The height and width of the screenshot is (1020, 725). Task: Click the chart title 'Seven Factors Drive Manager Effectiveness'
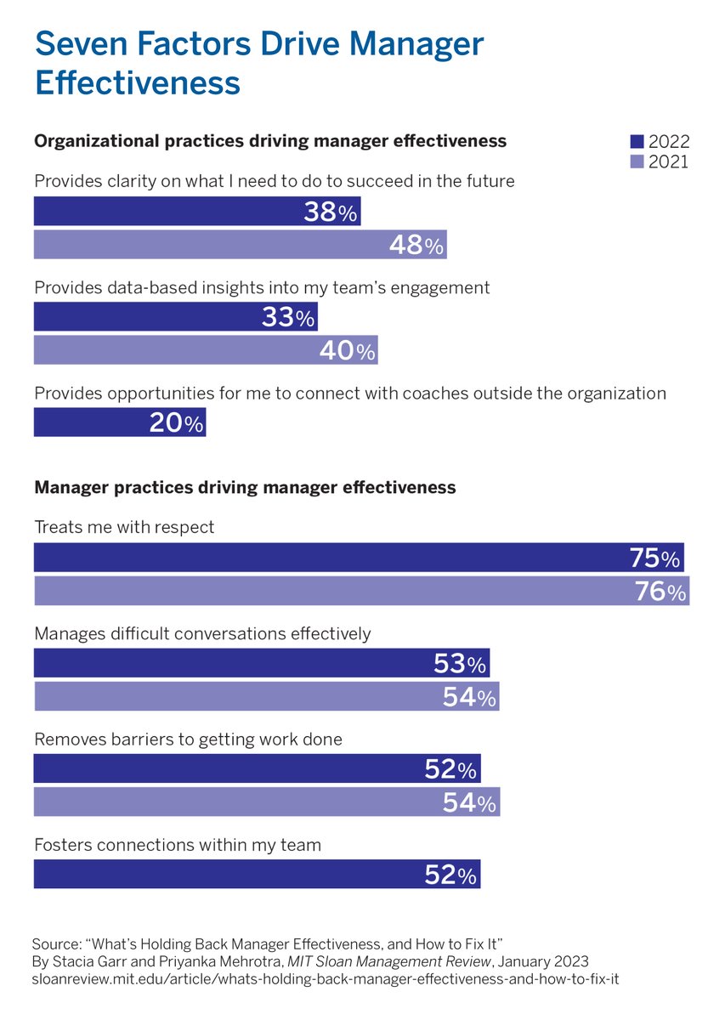pos(259,64)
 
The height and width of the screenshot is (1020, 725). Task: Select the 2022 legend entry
pos(660,142)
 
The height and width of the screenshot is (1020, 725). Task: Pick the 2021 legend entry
pos(660,161)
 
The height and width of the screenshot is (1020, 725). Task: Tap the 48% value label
pos(416,246)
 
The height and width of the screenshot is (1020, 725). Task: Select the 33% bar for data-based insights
pos(175,317)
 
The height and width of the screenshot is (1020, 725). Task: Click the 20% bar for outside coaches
pos(119,422)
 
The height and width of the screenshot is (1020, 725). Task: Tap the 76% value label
pos(660,592)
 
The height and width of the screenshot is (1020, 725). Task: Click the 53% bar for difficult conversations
pos(262,663)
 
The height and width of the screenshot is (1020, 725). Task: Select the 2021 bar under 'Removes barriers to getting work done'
pos(267,802)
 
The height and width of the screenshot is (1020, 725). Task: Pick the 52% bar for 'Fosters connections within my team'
pos(257,874)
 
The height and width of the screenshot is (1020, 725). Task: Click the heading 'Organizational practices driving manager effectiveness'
pos(270,141)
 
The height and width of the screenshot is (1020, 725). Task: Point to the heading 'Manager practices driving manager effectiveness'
pos(245,488)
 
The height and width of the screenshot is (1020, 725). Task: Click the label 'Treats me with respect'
pos(124,528)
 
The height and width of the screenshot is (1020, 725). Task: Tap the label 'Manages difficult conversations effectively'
pos(202,633)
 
